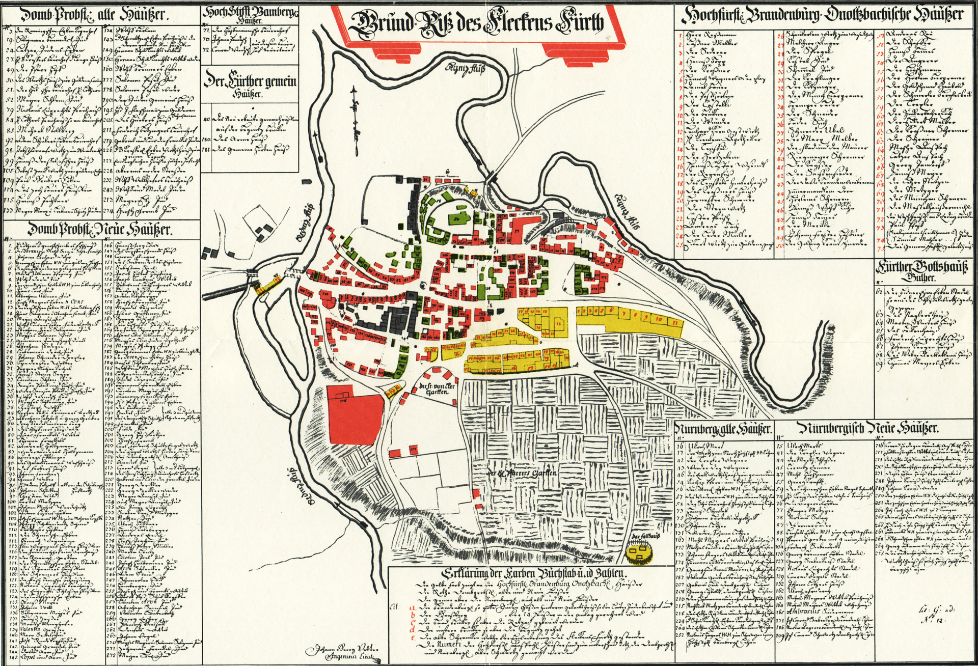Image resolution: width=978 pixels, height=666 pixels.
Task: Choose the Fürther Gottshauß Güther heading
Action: tap(921, 271)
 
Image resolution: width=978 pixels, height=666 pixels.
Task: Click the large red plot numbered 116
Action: tap(354, 415)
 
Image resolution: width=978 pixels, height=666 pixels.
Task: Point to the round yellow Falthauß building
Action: tap(640, 554)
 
